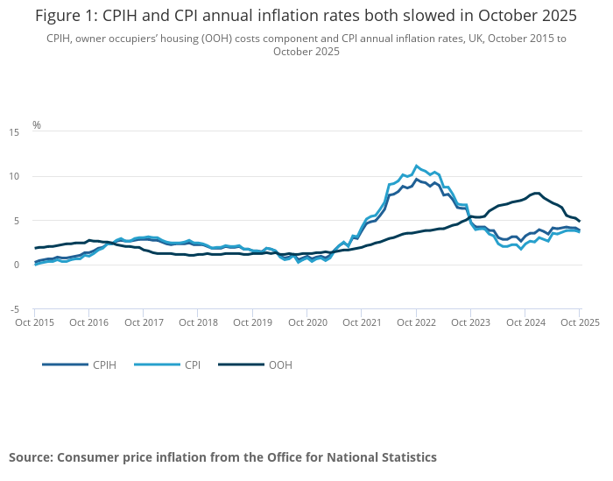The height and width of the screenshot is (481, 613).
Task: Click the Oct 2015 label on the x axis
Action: click(x=35, y=323)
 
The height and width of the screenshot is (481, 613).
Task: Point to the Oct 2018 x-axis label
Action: click(x=198, y=323)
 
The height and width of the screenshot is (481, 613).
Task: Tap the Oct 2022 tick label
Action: click(x=416, y=323)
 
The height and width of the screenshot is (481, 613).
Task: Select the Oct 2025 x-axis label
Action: click(x=579, y=323)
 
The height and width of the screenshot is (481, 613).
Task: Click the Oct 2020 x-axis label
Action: click(x=307, y=323)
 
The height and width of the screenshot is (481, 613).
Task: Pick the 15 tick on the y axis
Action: click(x=14, y=132)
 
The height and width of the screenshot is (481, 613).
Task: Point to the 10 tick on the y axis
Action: click(x=14, y=177)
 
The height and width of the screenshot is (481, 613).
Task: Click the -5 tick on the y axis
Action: click(x=15, y=309)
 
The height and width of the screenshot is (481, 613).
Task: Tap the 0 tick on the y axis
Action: click(x=17, y=265)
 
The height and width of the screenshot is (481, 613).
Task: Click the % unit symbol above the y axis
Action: click(x=37, y=124)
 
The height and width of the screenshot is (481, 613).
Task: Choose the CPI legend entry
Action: click(x=193, y=364)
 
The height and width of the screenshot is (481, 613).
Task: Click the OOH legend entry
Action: click(x=280, y=364)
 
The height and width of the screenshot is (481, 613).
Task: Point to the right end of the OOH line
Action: click(x=579, y=221)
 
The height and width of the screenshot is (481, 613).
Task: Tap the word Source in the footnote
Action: click(x=31, y=457)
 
